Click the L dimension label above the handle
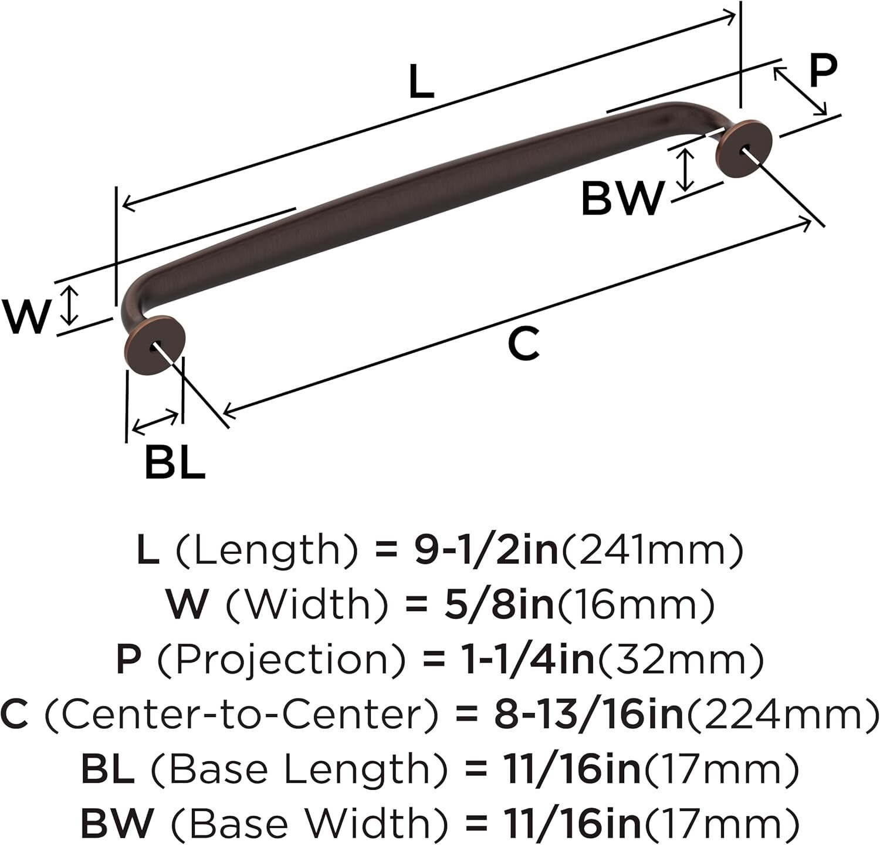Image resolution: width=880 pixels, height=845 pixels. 421,82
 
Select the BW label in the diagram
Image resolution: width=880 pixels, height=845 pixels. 622,198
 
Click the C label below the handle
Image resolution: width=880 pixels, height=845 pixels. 523,344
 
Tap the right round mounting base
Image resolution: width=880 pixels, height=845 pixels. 743,148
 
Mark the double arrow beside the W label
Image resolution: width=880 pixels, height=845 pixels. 70,305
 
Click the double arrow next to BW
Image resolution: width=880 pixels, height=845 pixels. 685,170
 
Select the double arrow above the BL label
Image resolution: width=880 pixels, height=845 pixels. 155,422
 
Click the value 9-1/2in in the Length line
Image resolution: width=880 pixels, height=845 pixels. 486,550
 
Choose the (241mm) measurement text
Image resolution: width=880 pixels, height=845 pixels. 651,550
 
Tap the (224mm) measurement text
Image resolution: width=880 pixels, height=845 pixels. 782,714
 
